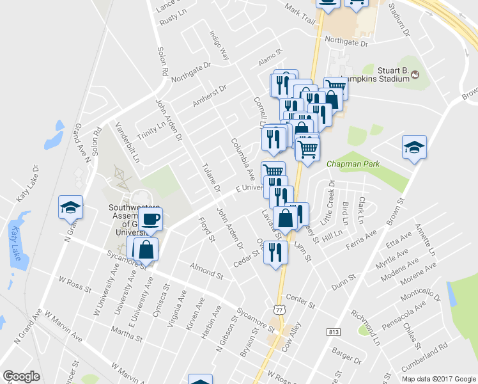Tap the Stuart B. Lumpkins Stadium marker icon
point(415,76)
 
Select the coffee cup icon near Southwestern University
point(150,220)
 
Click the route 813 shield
point(334,332)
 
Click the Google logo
point(21,376)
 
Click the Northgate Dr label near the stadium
point(346,44)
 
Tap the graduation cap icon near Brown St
point(414,148)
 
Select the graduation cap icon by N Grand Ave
point(70,207)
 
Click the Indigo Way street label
point(219,45)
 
